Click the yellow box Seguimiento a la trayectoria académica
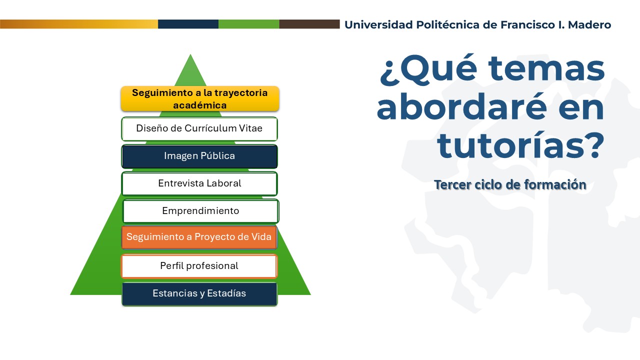[x=199, y=98]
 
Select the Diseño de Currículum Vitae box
[x=199, y=129]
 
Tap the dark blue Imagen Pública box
[x=199, y=156]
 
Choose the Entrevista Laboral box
[x=199, y=183]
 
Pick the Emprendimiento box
[x=200, y=211]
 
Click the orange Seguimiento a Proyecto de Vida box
[x=199, y=237]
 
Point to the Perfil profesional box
[x=199, y=266]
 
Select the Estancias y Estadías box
[x=199, y=294]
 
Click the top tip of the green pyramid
[x=190, y=54]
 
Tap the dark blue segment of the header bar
[x=188, y=24]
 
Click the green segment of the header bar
[x=249, y=24]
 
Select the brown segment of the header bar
[x=309, y=24]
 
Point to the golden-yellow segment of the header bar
[x=79, y=24]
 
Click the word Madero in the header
[x=589, y=25]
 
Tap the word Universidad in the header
[x=378, y=25]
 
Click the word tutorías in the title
[x=521, y=145]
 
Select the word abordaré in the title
[x=461, y=107]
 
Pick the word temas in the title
[x=546, y=68]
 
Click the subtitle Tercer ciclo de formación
[x=510, y=184]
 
